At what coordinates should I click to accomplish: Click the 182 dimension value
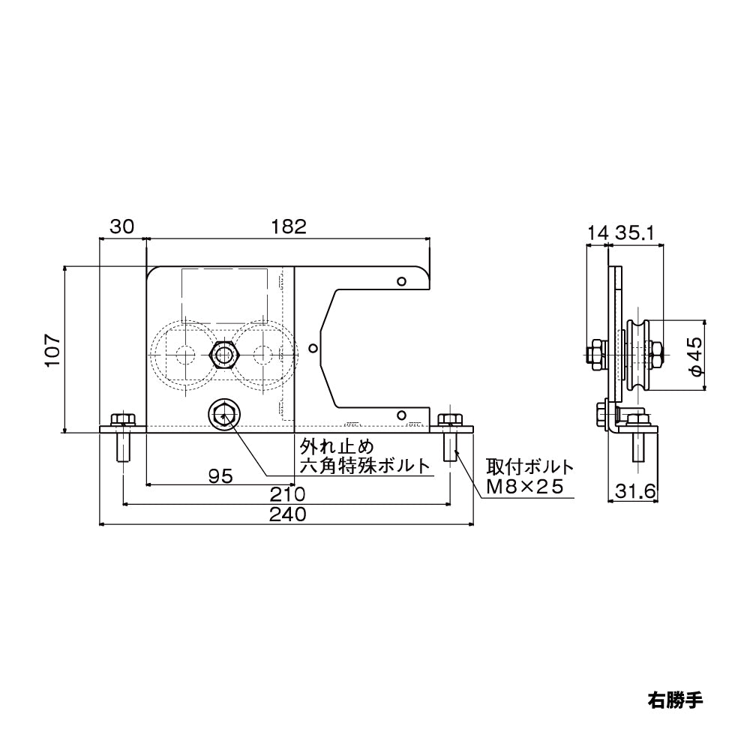pos(289,226)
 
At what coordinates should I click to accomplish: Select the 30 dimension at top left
pos(122,226)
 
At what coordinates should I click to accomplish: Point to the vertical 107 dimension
pos(51,349)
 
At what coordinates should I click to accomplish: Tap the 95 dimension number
pos(220,475)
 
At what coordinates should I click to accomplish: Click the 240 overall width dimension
pos(286,515)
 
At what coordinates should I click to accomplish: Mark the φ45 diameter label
pos(694,355)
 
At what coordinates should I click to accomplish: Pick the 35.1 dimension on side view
pos(636,234)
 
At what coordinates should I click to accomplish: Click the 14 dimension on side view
pos(597,234)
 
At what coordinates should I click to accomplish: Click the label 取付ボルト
pos(529,466)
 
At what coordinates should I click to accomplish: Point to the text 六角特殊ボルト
pos(365,464)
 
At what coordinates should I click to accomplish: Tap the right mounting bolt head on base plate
pos(450,421)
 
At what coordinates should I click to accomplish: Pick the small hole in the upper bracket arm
pos(402,281)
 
